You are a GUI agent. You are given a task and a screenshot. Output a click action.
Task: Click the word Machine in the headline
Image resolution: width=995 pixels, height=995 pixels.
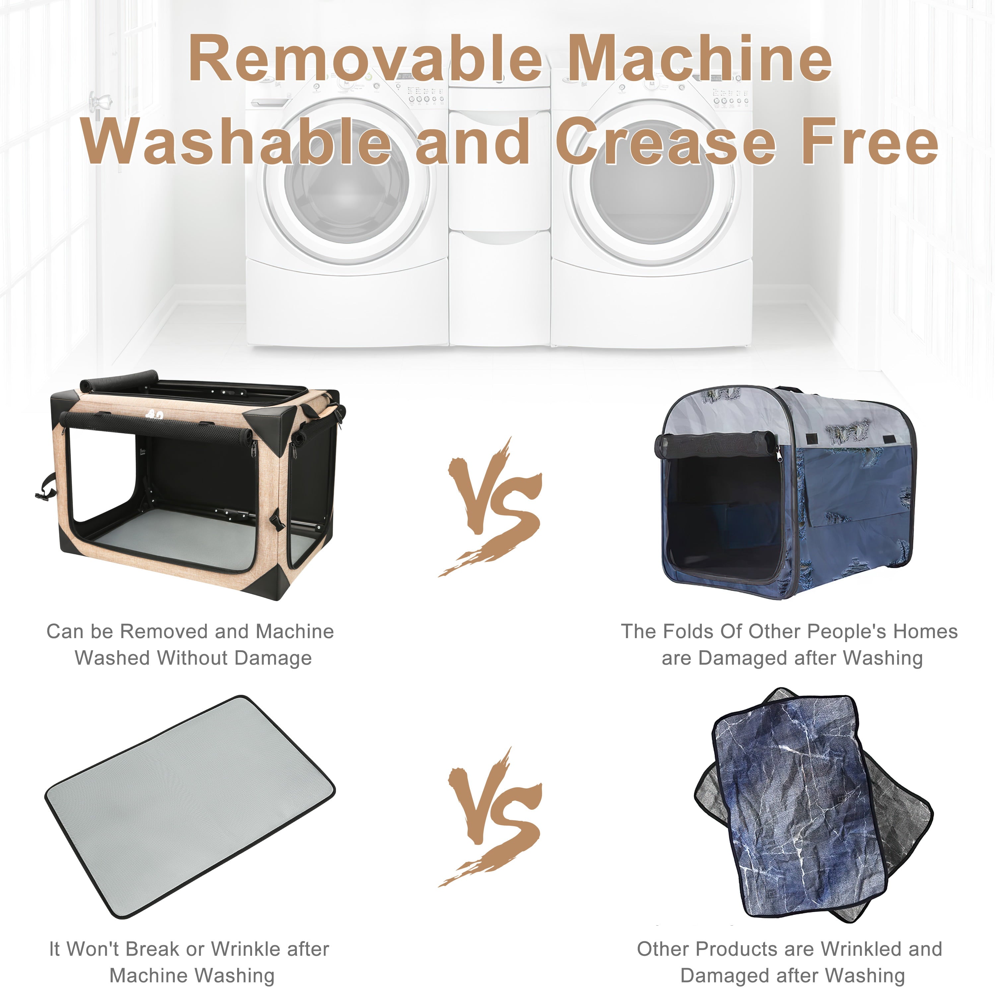(x=699, y=58)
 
